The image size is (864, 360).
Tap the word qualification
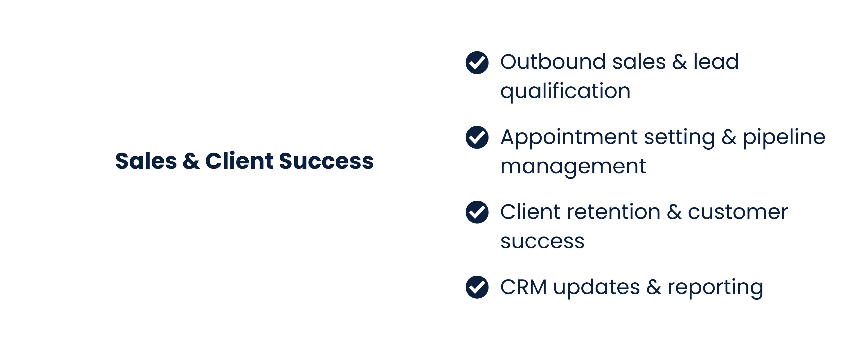click(x=565, y=91)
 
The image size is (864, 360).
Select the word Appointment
click(x=569, y=137)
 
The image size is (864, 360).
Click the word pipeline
click(x=784, y=137)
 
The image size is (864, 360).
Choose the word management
click(x=573, y=167)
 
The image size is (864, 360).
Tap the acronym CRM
click(x=523, y=288)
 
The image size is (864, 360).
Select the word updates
click(x=596, y=288)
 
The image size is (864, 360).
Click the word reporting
click(x=715, y=288)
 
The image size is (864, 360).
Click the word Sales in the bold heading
click(x=146, y=161)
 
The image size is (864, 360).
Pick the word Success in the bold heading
click(x=326, y=161)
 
